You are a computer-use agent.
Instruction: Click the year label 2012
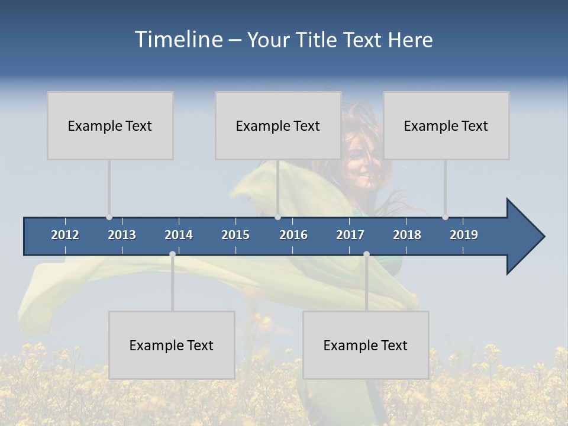point(65,235)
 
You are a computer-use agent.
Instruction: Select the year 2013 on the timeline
point(122,235)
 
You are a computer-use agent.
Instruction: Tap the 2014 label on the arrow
point(179,235)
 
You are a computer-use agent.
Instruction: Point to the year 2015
point(235,235)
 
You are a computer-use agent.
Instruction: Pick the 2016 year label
point(293,235)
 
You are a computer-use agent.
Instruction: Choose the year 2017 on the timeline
point(350,235)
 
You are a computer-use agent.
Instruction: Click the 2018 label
point(407,235)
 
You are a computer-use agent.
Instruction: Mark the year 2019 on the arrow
point(464,235)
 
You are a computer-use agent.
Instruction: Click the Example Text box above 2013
point(110,125)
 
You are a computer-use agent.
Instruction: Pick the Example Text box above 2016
point(278,125)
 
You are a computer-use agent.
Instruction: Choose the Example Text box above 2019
point(446,125)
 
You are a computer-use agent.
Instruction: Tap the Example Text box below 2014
point(172,345)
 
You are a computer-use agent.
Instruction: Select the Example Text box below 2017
point(366,345)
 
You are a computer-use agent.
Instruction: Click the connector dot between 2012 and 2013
point(109,217)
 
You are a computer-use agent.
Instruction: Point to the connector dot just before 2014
point(172,254)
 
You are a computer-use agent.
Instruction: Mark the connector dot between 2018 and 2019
point(445,217)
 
